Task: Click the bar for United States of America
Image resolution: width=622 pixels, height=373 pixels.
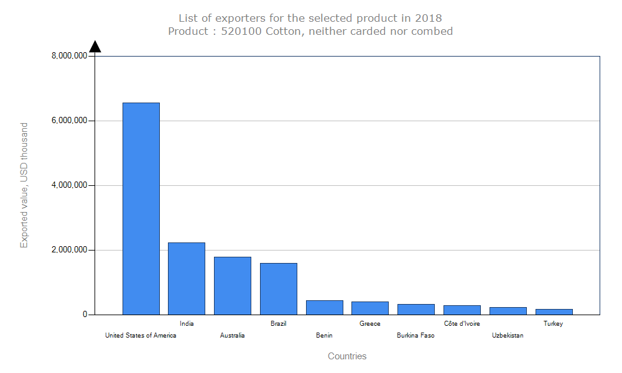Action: (x=141, y=208)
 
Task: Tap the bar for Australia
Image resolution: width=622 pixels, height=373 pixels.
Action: (x=233, y=285)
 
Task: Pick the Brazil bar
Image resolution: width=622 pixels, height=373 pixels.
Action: (x=279, y=288)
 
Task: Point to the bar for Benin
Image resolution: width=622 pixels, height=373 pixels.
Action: (x=325, y=307)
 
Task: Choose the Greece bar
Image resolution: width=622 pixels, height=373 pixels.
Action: (x=370, y=308)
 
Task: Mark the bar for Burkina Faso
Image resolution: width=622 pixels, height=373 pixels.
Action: (x=416, y=309)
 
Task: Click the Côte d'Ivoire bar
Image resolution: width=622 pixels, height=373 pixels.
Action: (x=462, y=310)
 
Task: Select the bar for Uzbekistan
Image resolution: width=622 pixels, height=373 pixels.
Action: (x=508, y=311)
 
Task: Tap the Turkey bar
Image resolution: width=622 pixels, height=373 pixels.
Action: (x=554, y=311)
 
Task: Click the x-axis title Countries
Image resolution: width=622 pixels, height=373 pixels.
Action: (x=347, y=356)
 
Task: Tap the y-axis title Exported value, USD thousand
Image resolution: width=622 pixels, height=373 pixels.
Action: (x=24, y=185)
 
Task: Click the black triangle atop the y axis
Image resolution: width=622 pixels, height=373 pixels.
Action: (x=95, y=47)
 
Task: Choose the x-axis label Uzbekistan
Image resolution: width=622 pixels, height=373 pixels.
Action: (x=508, y=336)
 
